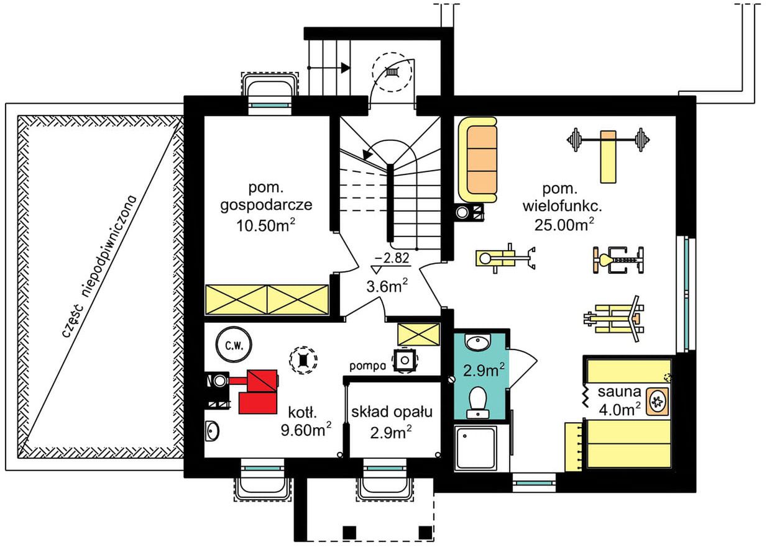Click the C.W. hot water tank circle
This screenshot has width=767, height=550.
pos(234,345)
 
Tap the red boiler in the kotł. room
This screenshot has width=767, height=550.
pos(257,391)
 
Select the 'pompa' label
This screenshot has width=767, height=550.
pos(367,366)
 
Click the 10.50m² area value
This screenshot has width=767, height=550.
pos(265,225)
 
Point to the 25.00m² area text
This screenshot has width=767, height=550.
pos(564,224)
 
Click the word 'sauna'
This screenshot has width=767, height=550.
pos(619,392)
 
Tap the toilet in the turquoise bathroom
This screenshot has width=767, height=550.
pos(478,403)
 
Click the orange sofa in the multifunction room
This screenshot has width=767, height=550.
pos(477,160)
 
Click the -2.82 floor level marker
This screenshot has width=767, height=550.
pos(392,263)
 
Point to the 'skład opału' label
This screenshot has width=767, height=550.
pos(392,412)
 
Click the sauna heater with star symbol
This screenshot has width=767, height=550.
pos(657,402)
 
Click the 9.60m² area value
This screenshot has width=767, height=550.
pos(306,430)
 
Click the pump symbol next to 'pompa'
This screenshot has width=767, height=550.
pos(405,360)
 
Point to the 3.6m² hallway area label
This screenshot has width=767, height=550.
pos(387,286)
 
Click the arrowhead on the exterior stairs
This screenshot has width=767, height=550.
pos(346,68)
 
